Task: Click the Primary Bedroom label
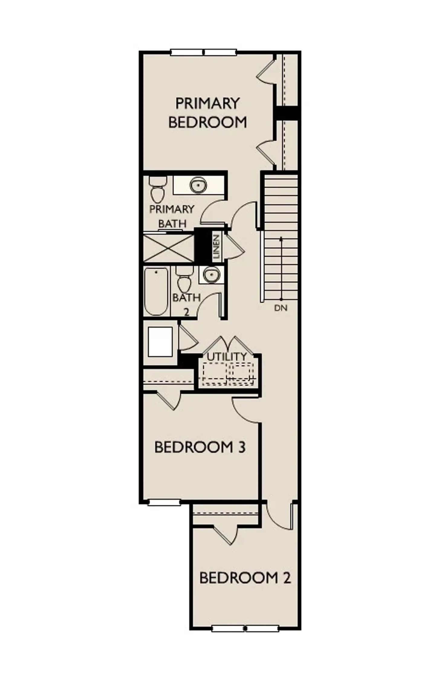tap(207, 113)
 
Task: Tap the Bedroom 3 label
tap(200, 447)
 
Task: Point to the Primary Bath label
tap(172, 216)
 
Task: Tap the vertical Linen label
tap(217, 247)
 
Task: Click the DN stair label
tap(280, 308)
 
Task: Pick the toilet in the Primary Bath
tap(157, 190)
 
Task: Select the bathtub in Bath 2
tap(156, 292)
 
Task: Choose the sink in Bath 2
tap(211, 275)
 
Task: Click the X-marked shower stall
tap(168, 248)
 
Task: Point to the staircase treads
tap(281, 239)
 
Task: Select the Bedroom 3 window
tap(164, 502)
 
